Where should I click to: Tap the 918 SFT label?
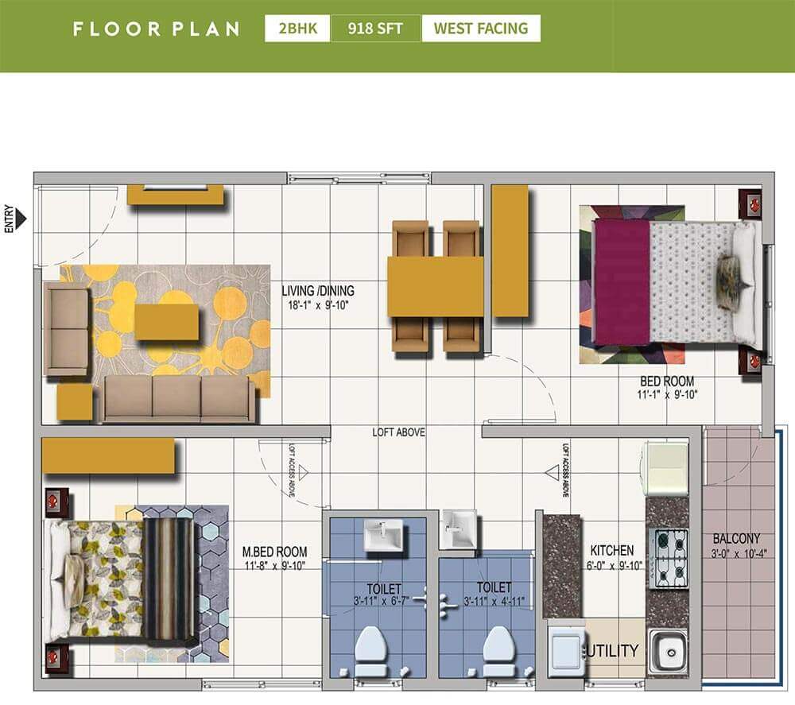tap(375, 29)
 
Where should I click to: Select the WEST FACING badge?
tap(480, 29)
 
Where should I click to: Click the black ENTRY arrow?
tap(21, 218)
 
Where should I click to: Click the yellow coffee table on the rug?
tap(166, 322)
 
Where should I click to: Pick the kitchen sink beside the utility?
tap(668, 652)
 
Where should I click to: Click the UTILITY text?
tap(613, 651)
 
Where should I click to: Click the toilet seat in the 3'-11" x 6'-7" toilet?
tap(371, 648)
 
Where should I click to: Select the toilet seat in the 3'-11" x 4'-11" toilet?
tap(497, 648)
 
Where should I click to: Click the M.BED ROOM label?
tap(274, 552)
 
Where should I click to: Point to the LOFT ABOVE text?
tap(398, 432)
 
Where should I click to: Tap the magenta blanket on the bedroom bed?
tap(621, 282)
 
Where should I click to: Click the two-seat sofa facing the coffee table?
tap(67, 331)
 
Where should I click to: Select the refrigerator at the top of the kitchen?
tap(665, 469)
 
